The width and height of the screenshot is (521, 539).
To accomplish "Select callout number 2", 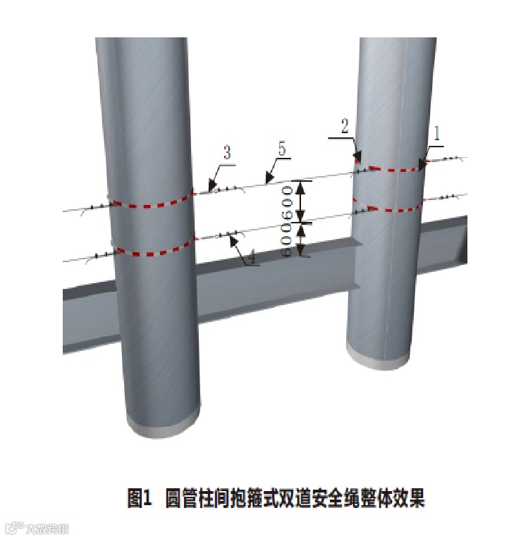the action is (344, 127).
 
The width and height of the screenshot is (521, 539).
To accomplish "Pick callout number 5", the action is (282, 149).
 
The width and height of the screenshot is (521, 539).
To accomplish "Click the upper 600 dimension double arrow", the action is (302, 202).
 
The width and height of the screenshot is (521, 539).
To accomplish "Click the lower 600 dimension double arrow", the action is (302, 240).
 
